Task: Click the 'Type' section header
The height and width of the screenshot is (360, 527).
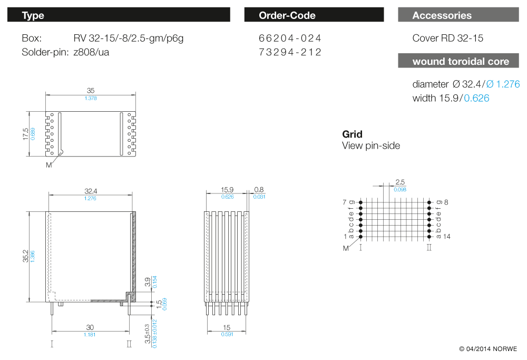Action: pos(33,15)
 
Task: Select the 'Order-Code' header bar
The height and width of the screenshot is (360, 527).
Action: pos(287,15)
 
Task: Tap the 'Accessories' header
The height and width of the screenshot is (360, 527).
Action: pos(442,15)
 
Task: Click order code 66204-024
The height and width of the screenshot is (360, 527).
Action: pos(290,38)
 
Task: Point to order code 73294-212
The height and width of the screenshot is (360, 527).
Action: pos(290,52)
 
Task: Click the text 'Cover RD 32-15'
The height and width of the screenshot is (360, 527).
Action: pos(447,38)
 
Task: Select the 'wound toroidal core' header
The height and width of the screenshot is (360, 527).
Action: pos(461,62)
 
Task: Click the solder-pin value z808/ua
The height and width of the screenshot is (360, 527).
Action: pos(91,52)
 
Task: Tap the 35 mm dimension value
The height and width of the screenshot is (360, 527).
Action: pos(91,91)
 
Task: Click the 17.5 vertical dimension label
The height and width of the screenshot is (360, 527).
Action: pos(25,133)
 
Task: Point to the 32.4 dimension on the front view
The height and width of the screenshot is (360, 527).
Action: pos(91,191)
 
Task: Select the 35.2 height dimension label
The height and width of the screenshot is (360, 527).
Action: pos(25,256)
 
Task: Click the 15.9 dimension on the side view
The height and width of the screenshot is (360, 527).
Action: pos(227,190)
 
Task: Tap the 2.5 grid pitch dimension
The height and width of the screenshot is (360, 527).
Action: pos(400,182)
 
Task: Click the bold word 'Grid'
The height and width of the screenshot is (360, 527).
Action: pos(352,134)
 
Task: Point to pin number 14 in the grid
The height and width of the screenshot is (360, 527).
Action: pos(446,237)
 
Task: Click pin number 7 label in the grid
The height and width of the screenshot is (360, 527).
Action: pos(345,202)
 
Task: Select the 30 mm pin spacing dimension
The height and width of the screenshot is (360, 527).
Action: pos(90,328)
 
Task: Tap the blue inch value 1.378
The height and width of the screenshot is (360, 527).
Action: pos(91,99)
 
